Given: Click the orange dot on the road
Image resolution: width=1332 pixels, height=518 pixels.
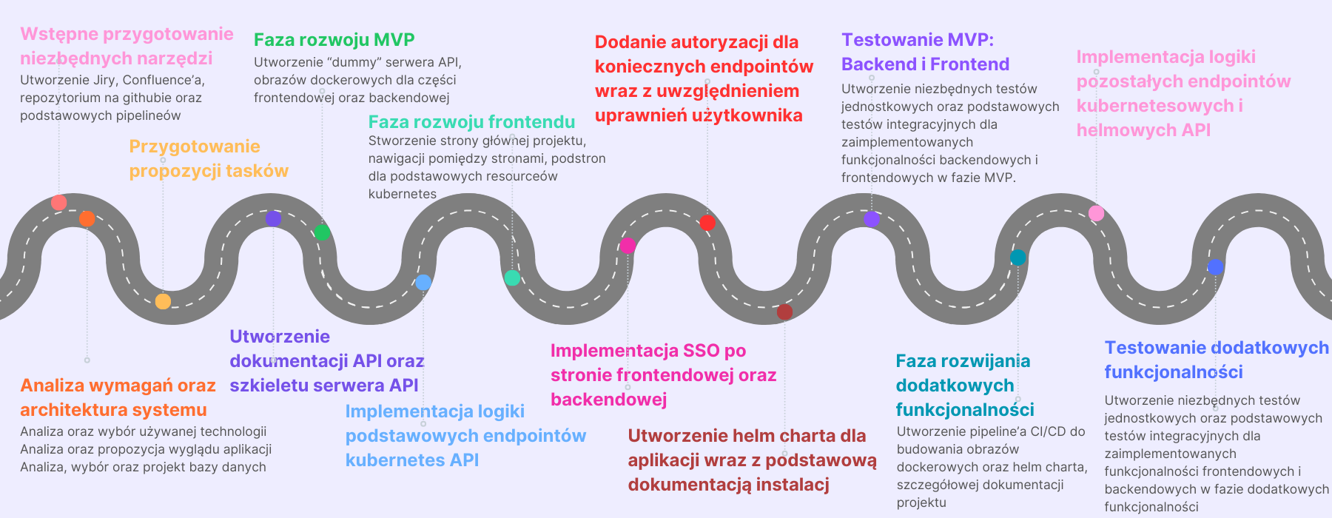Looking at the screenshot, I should coord(87,218).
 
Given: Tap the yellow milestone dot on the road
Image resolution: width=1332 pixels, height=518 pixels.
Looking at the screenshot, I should coord(163,301).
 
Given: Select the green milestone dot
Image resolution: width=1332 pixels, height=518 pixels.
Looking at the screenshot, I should coord(322,232).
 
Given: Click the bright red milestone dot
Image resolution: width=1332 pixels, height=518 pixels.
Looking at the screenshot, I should coord(707,223).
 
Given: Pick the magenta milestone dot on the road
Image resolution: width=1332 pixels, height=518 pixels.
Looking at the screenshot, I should coord(628,246).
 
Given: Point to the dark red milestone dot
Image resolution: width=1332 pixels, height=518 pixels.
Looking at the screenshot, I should coord(784,312).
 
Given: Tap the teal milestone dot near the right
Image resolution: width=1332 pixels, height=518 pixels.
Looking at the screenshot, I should coord(1018,258).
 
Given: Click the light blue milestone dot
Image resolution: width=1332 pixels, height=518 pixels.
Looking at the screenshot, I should coord(423,282).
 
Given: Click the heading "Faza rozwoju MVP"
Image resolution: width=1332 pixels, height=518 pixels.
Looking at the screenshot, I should coord(334,39).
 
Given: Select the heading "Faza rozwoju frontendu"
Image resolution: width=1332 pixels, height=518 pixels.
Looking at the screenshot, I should coord(471,121).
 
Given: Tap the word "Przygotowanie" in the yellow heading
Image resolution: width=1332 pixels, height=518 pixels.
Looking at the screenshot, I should coord(195,147).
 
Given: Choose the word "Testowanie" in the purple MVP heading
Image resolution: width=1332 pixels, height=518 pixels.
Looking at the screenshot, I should coord(892,40).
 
